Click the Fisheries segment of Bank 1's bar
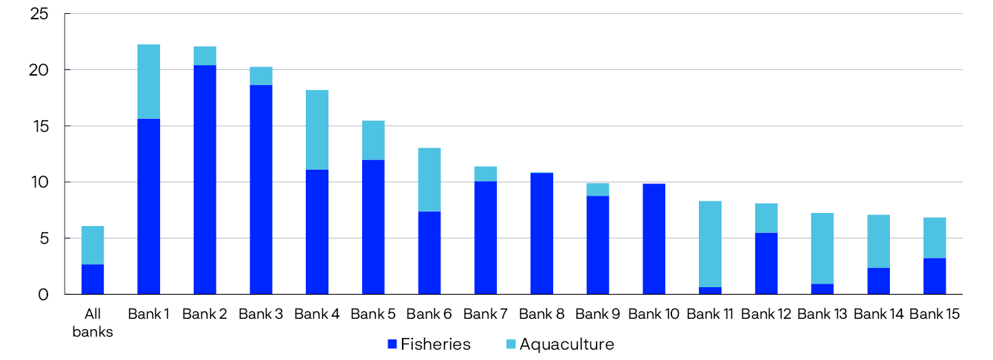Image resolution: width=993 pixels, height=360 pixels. pyautogui.click(x=148, y=206)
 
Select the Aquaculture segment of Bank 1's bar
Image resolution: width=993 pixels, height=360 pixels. pyautogui.click(x=148, y=82)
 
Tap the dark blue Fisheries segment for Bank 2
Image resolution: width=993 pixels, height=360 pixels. pyautogui.click(x=205, y=179)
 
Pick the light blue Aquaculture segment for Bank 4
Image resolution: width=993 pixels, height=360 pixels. pyautogui.click(x=317, y=130)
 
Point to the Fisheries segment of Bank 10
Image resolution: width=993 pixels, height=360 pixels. pyautogui.click(x=654, y=238)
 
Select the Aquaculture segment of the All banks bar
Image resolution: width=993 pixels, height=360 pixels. pyautogui.click(x=92, y=245)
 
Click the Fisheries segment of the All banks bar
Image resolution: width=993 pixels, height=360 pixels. pyautogui.click(x=92, y=279)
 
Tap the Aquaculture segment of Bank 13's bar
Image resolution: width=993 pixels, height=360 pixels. pyautogui.click(x=822, y=248)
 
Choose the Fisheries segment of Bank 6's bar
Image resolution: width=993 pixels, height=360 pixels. pyautogui.click(x=429, y=253)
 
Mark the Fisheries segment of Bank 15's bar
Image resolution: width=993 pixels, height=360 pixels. pyautogui.click(x=935, y=276)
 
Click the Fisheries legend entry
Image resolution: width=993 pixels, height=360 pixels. pyautogui.click(x=429, y=344)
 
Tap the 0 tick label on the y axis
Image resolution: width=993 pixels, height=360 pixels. pyautogui.click(x=44, y=295)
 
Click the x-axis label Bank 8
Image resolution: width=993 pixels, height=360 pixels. pyautogui.click(x=542, y=315)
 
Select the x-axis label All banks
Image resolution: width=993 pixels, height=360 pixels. pyautogui.click(x=92, y=323)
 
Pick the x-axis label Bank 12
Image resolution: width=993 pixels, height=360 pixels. pyautogui.click(x=766, y=315)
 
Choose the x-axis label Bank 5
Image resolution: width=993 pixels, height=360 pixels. pyautogui.click(x=373, y=315)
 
